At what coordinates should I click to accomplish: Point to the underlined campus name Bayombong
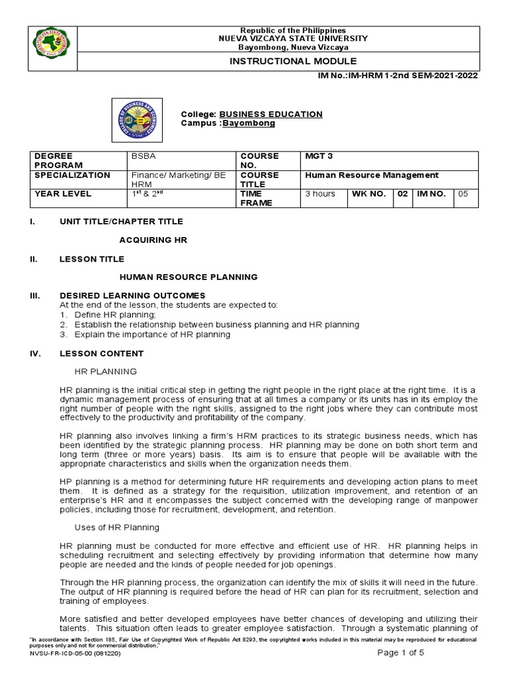[x=249, y=123]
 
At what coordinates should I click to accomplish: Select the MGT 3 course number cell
[x=319, y=156]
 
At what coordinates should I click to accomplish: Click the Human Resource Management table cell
[x=371, y=175]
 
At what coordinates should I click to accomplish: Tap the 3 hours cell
[x=319, y=194]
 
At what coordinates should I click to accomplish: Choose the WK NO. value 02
[x=402, y=194]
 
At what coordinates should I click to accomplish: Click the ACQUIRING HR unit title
[x=153, y=240]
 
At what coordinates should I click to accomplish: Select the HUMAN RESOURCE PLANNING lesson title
[x=189, y=277]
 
